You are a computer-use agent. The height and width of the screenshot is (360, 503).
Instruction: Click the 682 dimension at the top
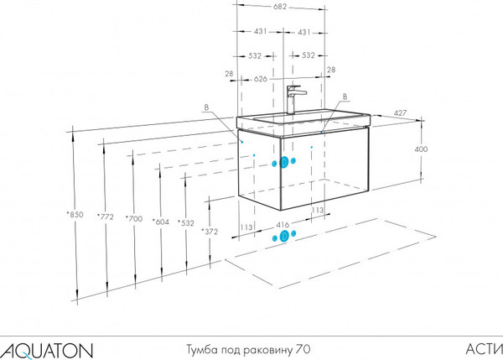[x=280, y=7]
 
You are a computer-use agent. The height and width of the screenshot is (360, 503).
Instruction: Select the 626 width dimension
[x=261, y=79]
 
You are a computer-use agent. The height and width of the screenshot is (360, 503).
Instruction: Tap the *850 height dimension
[x=75, y=214]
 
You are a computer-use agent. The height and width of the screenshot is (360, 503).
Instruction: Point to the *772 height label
[x=106, y=217]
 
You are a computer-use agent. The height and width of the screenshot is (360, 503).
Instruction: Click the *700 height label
[x=134, y=219]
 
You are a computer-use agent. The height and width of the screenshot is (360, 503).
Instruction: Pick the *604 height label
[x=160, y=222]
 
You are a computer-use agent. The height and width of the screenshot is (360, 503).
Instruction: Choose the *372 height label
[x=210, y=232]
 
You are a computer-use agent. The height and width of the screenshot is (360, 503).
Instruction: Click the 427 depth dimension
[x=400, y=113]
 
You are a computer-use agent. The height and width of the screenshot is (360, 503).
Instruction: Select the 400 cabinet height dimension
[x=421, y=149]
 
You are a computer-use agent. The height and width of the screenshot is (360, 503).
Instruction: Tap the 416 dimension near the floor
[x=283, y=225]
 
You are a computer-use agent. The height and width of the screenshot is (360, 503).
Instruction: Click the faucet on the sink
[x=293, y=100]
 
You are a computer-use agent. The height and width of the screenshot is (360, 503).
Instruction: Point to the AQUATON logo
[x=47, y=351]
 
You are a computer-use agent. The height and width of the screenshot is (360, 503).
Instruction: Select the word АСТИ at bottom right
[x=485, y=349]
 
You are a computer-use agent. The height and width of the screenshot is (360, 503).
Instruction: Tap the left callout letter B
[x=206, y=107]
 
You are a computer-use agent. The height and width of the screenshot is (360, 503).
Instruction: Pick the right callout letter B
[x=345, y=97]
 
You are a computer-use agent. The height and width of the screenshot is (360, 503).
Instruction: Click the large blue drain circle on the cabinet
[x=283, y=162]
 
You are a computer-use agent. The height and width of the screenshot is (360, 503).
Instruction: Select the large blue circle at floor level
[x=284, y=237]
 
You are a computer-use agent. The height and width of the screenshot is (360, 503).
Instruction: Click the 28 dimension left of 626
[x=229, y=74]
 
